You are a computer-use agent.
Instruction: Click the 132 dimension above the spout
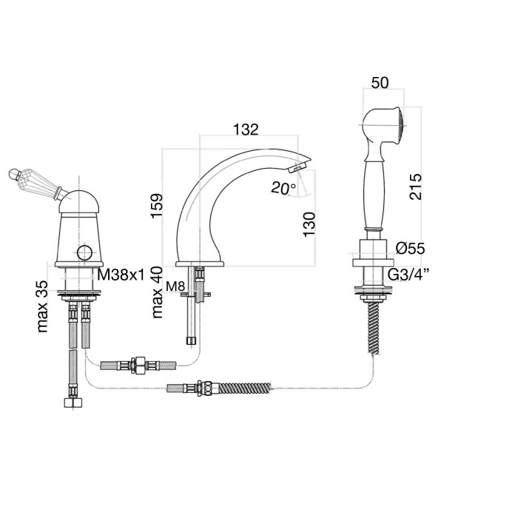(x=246, y=129)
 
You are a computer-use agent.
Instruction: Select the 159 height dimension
(x=157, y=206)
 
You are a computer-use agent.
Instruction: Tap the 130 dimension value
(x=309, y=224)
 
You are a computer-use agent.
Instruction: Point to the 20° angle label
(x=283, y=188)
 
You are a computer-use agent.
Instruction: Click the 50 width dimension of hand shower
(x=380, y=83)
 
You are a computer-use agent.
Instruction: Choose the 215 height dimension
(x=416, y=186)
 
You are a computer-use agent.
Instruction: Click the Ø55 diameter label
(x=410, y=249)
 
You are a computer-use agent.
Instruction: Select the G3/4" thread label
(x=408, y=275)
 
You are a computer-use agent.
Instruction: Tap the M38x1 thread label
(x=121, y=275)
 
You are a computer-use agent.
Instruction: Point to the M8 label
(x=175, y=286)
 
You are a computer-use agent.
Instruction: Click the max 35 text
(x=43, y=306)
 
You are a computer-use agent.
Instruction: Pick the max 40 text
(x=157, y=292)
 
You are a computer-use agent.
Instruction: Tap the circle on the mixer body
(x=85, y=253)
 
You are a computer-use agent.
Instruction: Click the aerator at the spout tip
(x=295, y=169)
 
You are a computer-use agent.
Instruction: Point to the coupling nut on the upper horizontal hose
(x=138, y=365)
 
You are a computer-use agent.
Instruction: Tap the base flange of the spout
(x=200, y=264)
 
